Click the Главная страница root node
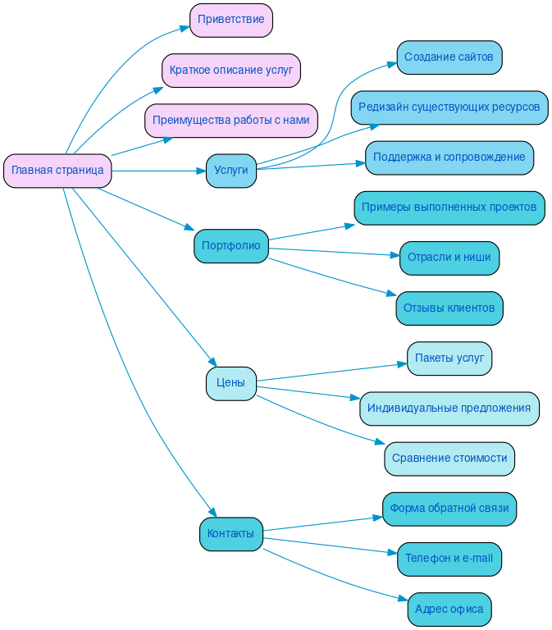click(x=57, y=171)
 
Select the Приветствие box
click(x=230, y=21)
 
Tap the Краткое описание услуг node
click(x=230, y=71)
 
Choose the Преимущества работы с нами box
click(x=230, y=121)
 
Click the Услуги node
click(x=230, y=171)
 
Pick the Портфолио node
click(x=230, y=246)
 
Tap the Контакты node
click(x=230, y=534)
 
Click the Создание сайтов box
click(x=449, y=57)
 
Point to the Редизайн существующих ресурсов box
click(x=449, y=107)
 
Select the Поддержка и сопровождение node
click(x=449, y=157)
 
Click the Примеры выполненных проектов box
click(x=449, y=208)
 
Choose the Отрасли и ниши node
click(x=449, y=258)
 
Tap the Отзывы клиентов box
click(x=449, y=308)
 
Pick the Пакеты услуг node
click(x=449, y=358)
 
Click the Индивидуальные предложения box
click(x=449, y=409)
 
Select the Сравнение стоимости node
click(x=449, y=459)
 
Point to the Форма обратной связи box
click(x=449, y=509)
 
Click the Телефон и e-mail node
click(x=449, y=559)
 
